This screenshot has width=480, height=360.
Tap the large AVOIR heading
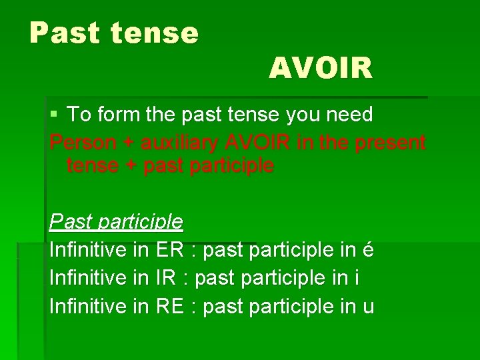pos(321,68)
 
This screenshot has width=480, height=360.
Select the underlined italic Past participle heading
pos(115,221)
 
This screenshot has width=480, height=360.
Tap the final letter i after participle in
pos(357,278)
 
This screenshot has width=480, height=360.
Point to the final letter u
pos(368,307)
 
